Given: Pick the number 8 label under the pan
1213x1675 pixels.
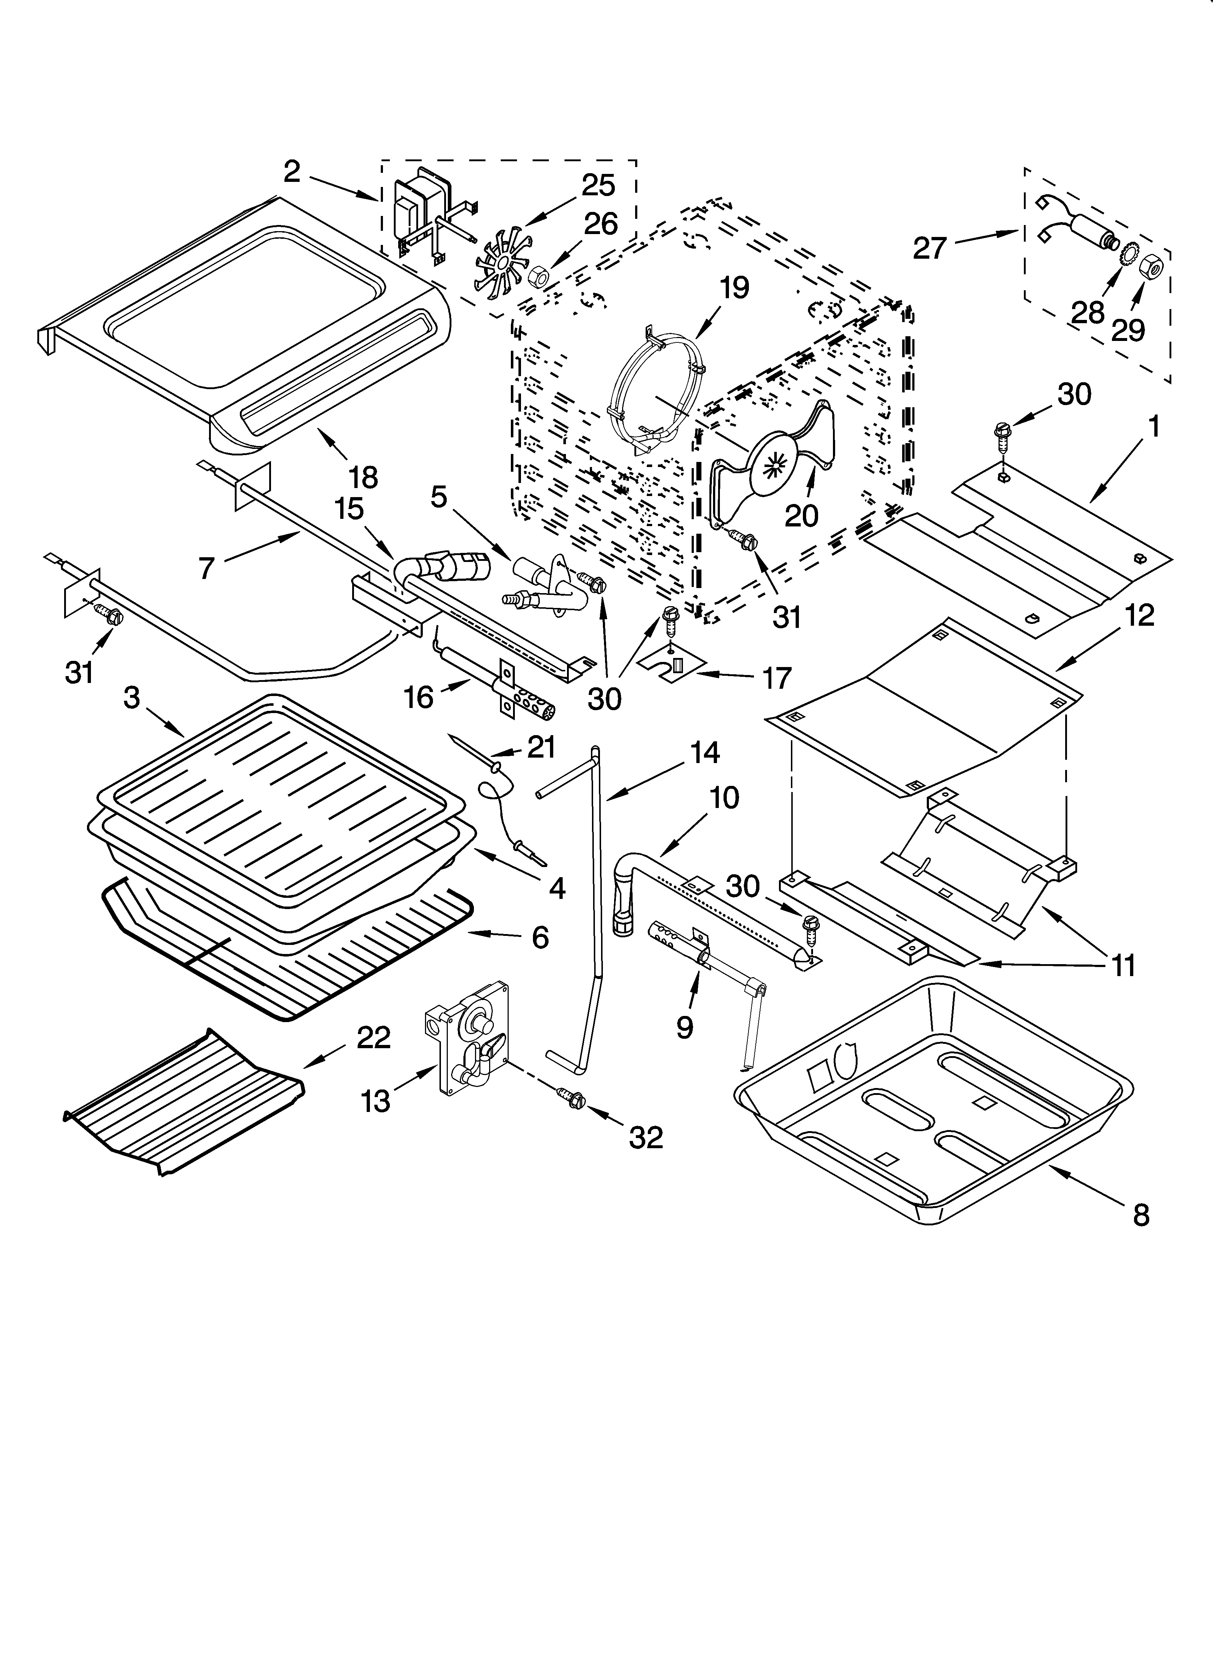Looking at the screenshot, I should tap(1141, 1215).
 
